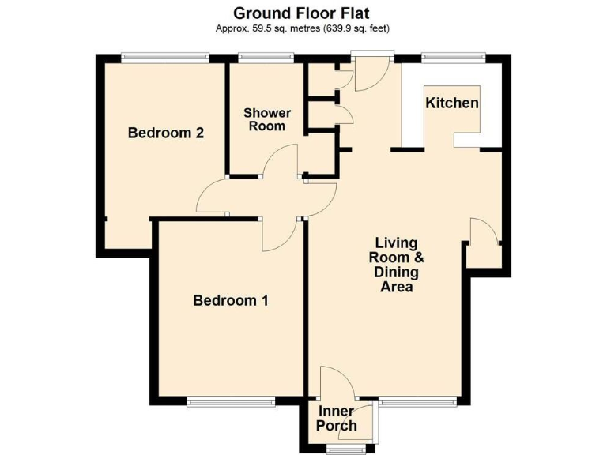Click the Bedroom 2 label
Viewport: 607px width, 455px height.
[166, 133]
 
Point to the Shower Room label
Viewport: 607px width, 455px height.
[266, 119]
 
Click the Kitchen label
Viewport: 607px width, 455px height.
[452, 103]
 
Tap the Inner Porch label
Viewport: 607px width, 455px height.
[336, 419]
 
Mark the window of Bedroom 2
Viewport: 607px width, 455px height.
[165, 57]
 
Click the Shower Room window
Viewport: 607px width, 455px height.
[266, 57]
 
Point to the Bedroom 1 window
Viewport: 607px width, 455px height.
[231, 401]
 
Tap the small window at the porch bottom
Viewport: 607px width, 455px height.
[341, 449]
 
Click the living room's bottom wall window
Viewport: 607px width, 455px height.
[417, 401]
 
